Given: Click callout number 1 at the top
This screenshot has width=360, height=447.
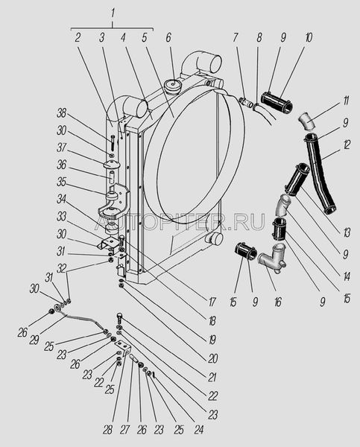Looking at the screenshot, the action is (x=113, y=13).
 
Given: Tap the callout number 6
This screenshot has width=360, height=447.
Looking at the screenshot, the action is (x=168, y=38).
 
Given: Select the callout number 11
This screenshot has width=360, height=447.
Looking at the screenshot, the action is (x=345, y=101).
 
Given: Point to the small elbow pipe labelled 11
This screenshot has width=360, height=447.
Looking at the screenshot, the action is (x=307, y=121).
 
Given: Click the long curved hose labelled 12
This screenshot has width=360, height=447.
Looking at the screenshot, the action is (x=320, y=173).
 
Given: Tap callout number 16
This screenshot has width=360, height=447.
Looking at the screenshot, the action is (x=277, y=301).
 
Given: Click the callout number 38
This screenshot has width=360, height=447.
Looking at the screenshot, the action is (x=61, y=113).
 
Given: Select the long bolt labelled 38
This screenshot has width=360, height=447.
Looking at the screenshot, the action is (x=112, y=143).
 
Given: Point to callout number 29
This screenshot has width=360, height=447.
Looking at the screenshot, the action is (x=34, y=340).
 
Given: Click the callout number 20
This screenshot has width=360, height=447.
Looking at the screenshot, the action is (x=212, y=358).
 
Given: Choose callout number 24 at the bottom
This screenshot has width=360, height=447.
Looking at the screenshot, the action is (x=198, y=430).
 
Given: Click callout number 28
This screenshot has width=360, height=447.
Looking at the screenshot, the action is (x=107, y=430).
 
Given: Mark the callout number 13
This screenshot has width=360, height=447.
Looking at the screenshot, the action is (x=347, y=233).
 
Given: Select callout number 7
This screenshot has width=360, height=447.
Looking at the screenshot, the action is (x=235, y=38).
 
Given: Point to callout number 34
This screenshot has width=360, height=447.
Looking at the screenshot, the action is (x=61, y=200).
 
